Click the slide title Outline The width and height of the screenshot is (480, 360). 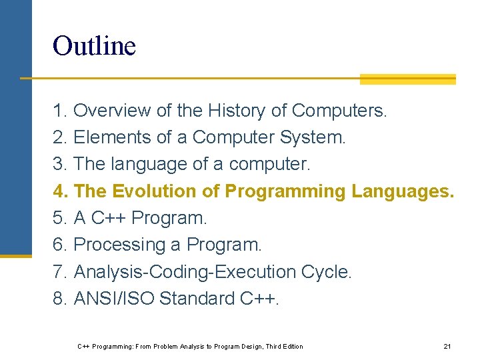click(x=94, y=46)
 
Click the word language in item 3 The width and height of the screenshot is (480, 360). click(x=138, y=165)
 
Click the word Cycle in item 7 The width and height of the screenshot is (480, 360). click(x=325, y=272)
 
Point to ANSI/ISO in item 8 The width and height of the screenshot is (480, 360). click(x=114, y=299)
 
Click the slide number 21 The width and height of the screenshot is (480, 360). click(x=447, y=347)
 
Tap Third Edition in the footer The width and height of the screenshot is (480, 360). click(x=284, y=347)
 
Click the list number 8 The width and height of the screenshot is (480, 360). click(x=60, y=299)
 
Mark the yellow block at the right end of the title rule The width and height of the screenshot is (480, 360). click(x=407, y=79)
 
